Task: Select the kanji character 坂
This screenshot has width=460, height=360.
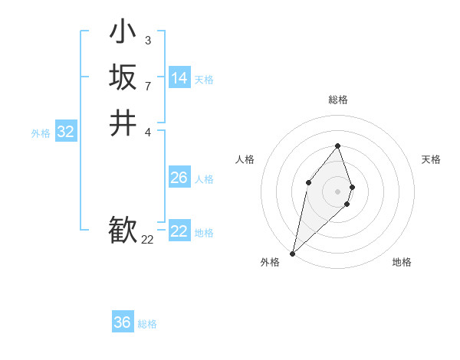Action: tap(123, 77)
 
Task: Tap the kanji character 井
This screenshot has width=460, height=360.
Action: tap(123, 123)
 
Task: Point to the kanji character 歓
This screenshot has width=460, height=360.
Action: tap(123, 230)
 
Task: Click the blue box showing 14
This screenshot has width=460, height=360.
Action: tap(179, 78)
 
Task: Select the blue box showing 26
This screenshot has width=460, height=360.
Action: tap(179, 178)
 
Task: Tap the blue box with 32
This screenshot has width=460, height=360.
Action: tap(66, 132)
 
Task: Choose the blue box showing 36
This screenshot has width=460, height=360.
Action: tap(123, 322)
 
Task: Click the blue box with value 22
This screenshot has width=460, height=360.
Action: tap(179, 231)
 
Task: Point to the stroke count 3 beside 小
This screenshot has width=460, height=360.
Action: tap(147, 40)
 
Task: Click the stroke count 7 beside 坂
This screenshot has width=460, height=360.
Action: tap(147, 85)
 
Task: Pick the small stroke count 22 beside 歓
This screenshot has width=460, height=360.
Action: tap(148, 240)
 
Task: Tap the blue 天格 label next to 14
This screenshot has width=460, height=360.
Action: tap(204, 80)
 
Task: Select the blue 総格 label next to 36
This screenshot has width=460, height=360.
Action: tap(147, 324)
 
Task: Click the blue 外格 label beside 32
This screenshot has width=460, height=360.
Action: tap(41, 133)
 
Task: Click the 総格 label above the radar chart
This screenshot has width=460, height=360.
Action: tap(337, 100)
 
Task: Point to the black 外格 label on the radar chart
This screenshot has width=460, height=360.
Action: tap(270, 262)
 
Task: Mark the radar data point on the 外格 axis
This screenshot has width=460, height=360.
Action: tap(293, 254)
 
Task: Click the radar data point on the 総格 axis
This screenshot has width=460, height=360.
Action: tap(337, 146)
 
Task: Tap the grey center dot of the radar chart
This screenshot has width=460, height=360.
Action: tap(337, 191)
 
